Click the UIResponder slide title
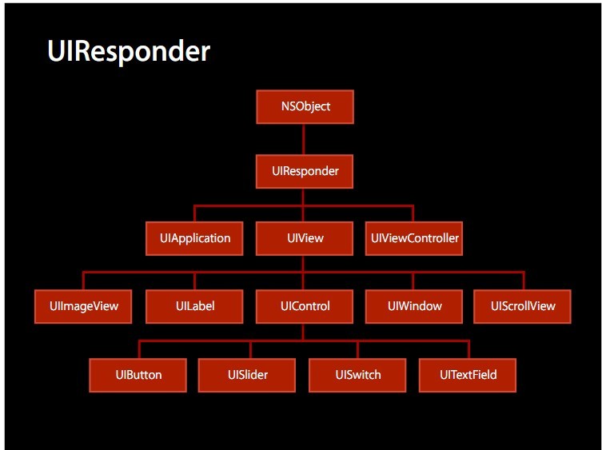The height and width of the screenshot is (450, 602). [x=129, y=52]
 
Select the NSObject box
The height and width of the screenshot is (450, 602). [x=305, y=107]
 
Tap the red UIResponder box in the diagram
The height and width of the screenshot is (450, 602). [x=305, y=171]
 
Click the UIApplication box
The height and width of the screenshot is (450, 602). [x=194, y=238]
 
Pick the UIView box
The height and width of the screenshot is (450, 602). [x=305, y=238]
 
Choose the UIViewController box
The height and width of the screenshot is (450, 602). [x=414, y=238]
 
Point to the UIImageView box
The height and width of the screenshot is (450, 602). [x=83, y=306]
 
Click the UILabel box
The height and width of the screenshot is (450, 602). [x=194, y=306]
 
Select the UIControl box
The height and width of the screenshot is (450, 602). [x=305, y=306]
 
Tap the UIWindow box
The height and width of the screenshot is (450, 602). [x=414, y=306]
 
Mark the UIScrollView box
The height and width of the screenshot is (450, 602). [x=523, y=306]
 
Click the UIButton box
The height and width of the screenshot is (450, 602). [x=138, y=375]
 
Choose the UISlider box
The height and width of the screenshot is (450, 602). [x=247, y=375]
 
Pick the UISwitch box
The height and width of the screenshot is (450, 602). [x=357, y=375]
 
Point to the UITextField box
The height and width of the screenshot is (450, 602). [x=468, y=375]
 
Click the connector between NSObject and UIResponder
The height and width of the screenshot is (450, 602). [x=303, y=139]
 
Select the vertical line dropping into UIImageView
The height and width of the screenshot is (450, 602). [x=83, y=281]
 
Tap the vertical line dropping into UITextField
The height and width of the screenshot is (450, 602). [x=468, y=349]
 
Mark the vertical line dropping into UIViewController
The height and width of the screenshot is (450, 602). [x=413, y=213]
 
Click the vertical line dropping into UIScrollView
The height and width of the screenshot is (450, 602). [x=524, y=281]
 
